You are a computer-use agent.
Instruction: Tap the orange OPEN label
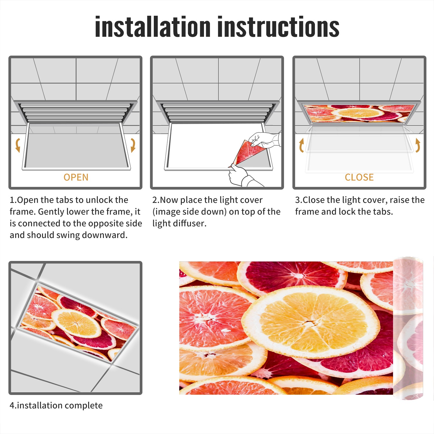[x=76, y=177]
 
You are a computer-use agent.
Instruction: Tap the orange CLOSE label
[x=359, y=177]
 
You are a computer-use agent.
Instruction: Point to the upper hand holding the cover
[x=264, y=140]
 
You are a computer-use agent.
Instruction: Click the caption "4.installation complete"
[x=56, y=405]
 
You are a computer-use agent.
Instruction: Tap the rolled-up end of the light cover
[x=408, y=328]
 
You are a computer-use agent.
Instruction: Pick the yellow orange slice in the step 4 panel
[x=76, y=323]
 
